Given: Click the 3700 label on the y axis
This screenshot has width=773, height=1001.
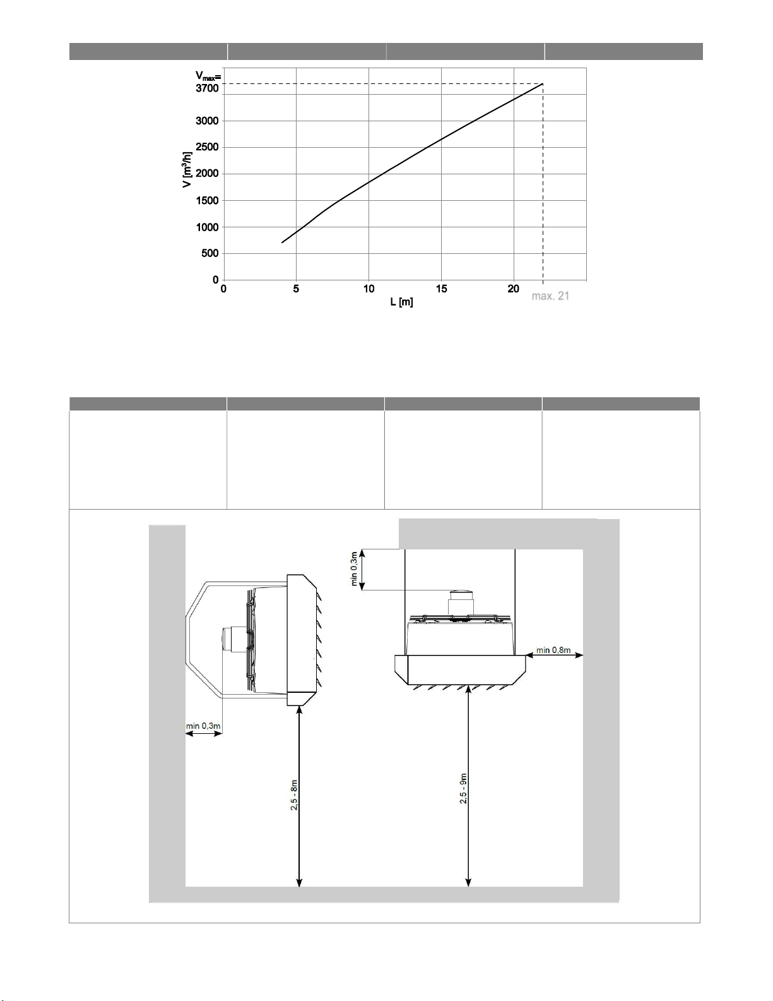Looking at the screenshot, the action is (x=207, y=88).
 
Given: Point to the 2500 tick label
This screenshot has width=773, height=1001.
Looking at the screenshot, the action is (x=207, y=147).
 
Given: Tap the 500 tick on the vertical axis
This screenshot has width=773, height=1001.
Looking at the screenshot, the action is (x=209, y=253).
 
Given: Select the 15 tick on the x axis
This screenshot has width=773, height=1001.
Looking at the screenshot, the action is (x=441, y=289).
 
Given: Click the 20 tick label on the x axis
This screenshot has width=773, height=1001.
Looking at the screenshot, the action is (x=514, y=289).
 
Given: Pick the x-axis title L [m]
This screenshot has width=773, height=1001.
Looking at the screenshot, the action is (x=402, y=302).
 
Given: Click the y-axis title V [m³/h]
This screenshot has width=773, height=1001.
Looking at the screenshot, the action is (x=187, y=169).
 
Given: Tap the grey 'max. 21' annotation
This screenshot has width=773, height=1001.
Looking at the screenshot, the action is (x=550, y=296).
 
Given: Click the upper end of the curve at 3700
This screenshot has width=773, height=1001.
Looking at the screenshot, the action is (x=543, y=84).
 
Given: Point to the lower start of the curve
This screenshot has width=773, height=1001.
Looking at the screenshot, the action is (x=282, y=243).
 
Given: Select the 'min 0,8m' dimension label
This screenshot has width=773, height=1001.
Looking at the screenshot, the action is (x=553, y=650).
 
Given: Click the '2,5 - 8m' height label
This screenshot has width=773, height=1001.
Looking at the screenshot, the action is (x=295, y=795).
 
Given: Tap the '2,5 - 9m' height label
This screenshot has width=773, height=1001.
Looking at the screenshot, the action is (x=463, y=789).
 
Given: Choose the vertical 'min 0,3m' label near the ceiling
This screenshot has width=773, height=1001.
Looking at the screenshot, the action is (x=354, y=569).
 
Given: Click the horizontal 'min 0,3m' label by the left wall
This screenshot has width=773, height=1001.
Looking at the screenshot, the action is (x=203, y=726).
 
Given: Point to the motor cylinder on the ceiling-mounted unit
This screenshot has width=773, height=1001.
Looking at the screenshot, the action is (x=461, y=602).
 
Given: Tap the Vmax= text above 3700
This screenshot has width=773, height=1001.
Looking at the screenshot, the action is (x=208, y=76).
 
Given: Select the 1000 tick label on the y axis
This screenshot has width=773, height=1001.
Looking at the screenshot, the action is (x=207, y=227).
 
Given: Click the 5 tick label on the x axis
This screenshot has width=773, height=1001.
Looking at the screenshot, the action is (x=296, y=289).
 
